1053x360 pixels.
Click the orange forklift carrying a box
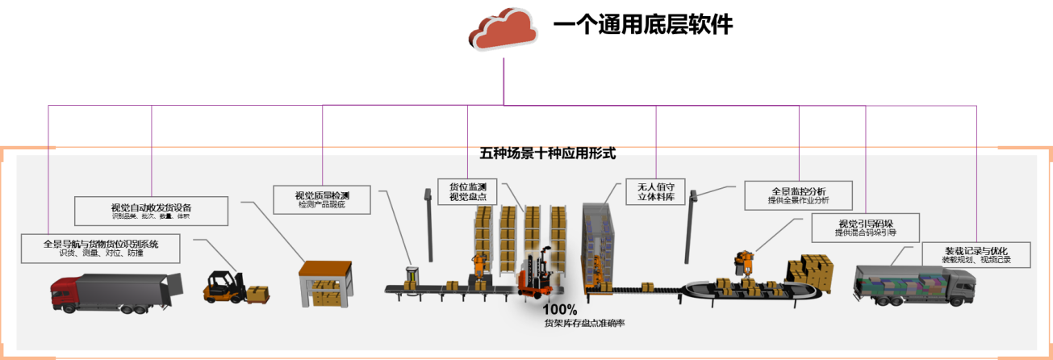pos(222,287)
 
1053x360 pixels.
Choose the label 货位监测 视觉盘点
pos(468,190)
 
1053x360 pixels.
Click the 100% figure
pos(559,310)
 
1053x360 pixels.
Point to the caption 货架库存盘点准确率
pos(584,323)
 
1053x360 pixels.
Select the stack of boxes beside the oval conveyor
pos(812,271)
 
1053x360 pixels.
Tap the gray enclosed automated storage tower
pos(601,242)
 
